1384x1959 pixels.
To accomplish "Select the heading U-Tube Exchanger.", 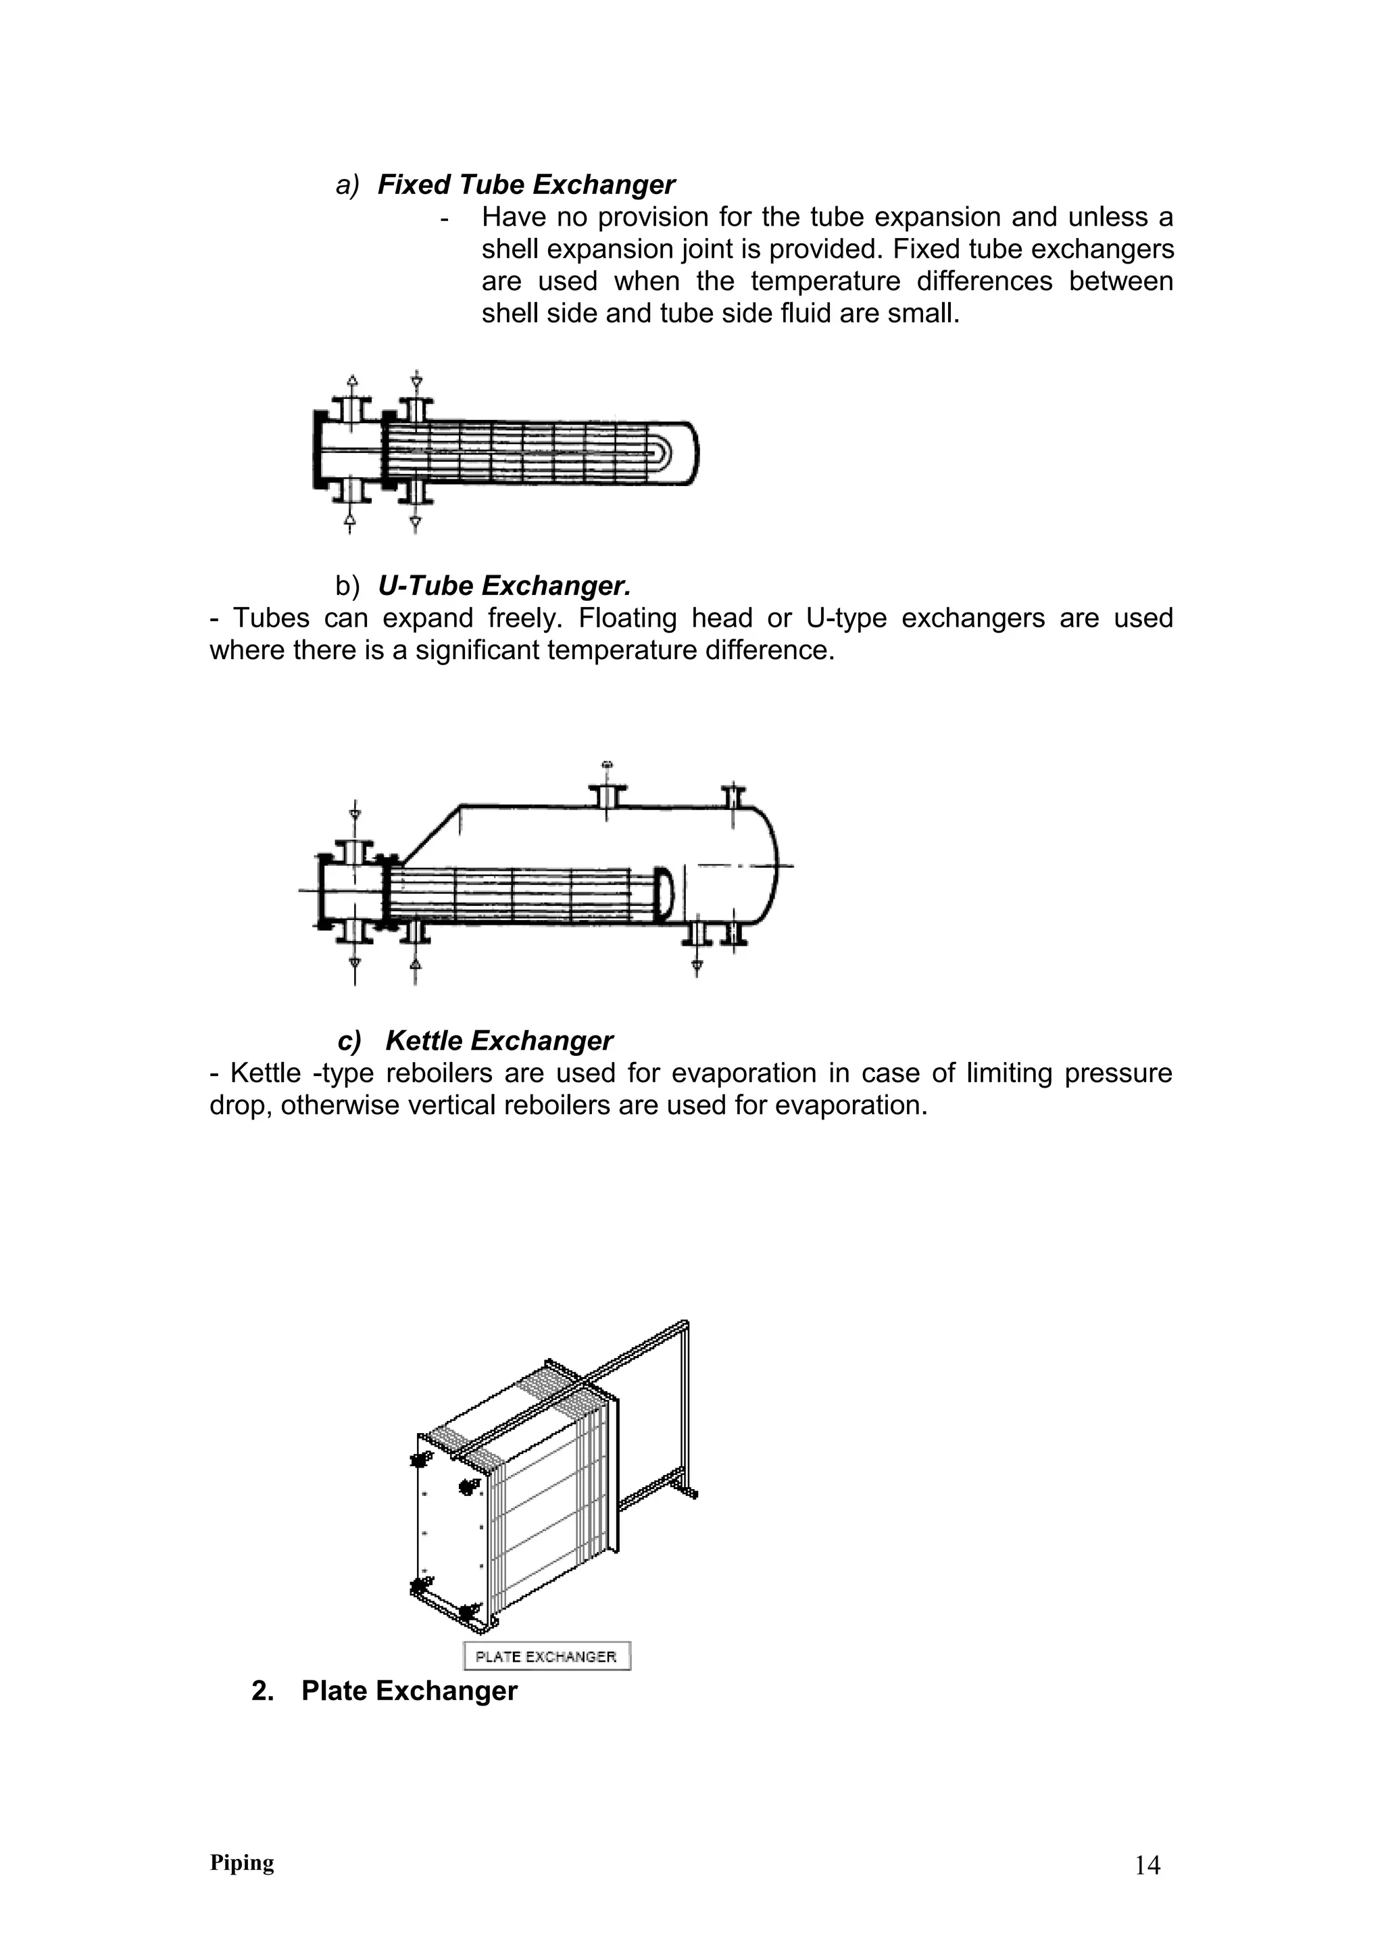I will click(x=504, y=586).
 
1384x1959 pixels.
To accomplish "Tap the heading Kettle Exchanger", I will click(x=498, y=1041).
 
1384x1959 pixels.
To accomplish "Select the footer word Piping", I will click(x=241, y=1887).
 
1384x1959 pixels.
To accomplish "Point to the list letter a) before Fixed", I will click(x=347, y=185).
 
